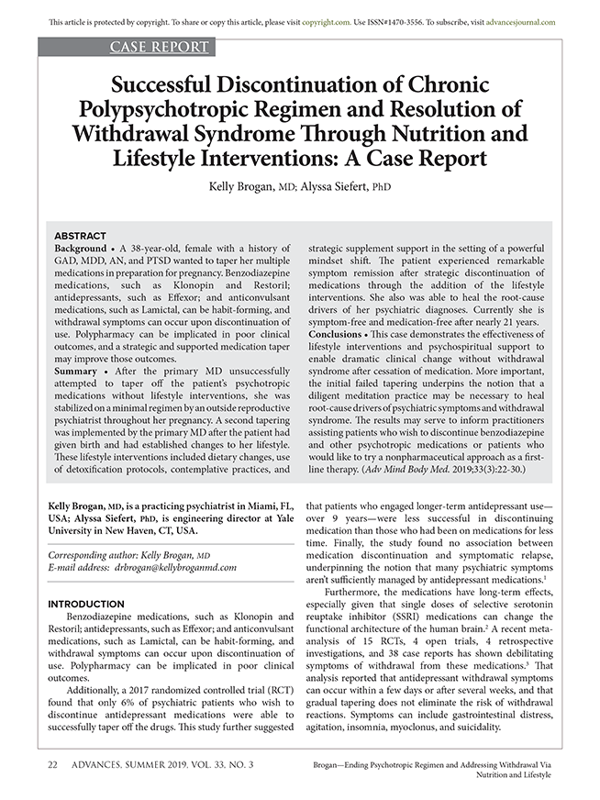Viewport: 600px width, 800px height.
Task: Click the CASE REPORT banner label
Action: pyautogui.click(x=161, y=48)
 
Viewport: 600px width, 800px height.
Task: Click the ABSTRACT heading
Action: pyautogui.click(x=81, y=236)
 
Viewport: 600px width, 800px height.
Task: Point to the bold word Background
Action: pyautogui.click(x=81, y=249)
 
